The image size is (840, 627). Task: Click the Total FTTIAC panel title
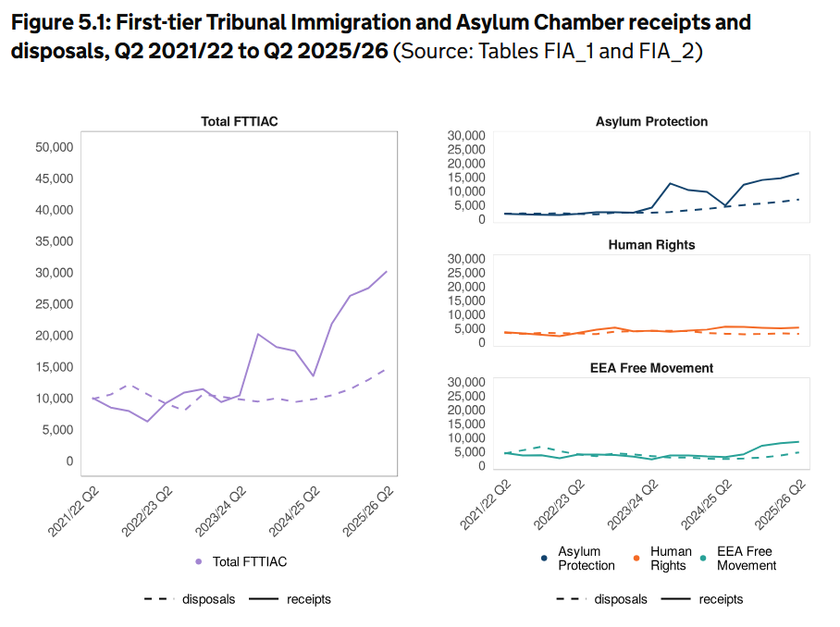click(x=240, y=122)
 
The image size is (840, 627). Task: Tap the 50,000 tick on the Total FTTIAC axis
click(x=55, y=147)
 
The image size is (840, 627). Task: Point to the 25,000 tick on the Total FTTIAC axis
click(x=55, y=304)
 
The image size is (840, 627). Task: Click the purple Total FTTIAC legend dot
click(x=198, y=561)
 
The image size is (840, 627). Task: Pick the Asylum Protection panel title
click(x=651, y=122)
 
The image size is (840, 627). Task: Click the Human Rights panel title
click(x=651, y=245)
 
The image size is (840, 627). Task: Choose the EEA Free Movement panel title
click(x=651, y=368)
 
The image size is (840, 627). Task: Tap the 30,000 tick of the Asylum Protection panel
click(x=466, y=136)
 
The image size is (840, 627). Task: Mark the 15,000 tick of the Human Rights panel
click(x=466, y=301)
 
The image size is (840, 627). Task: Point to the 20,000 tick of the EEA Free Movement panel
click(x=466, y=410)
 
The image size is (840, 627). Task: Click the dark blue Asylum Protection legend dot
click(x=543, y=558)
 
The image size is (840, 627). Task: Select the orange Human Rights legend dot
click(x=636, y=558)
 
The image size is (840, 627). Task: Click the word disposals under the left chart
click(x=208, y=599)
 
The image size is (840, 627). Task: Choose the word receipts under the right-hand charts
click(x=721, y=599)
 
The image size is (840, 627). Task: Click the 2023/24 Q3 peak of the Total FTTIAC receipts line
click(x=258, y=334)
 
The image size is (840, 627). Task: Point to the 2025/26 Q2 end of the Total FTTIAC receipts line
click(x=386, y=272)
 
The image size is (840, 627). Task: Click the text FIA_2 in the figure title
click(x=668, y=51)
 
